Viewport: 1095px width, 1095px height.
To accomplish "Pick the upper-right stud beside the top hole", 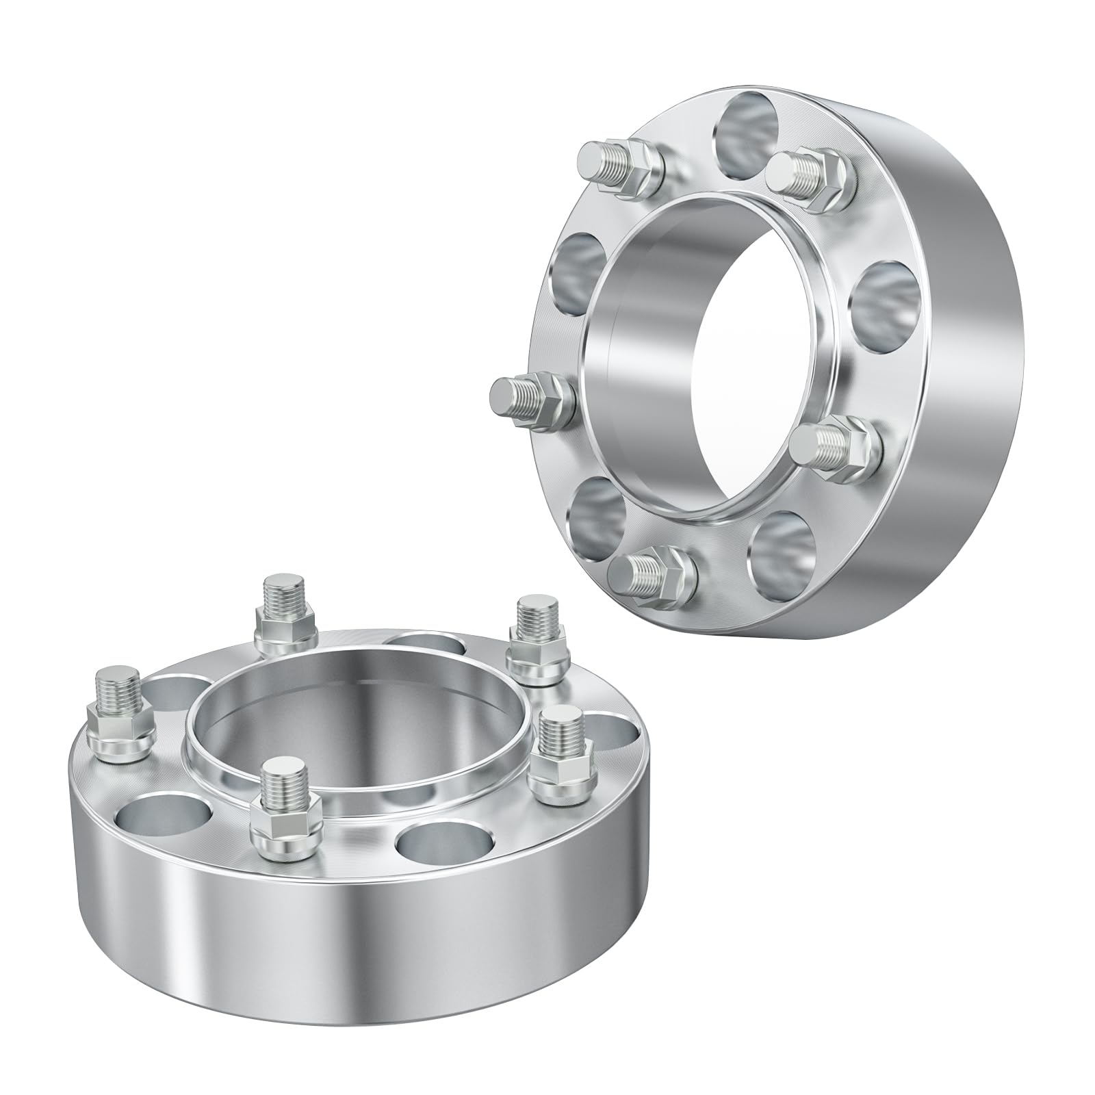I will (811, 171).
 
